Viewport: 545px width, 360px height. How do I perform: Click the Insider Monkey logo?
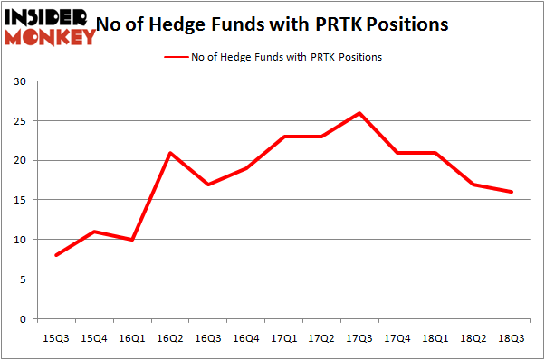50,25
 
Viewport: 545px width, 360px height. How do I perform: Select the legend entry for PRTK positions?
272,57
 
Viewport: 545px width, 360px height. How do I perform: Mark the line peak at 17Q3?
359,113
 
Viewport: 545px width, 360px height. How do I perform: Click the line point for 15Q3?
56,256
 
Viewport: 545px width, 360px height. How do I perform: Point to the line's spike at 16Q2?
169,153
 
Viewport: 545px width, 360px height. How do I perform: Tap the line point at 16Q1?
132,240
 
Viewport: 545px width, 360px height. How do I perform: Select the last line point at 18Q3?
512,192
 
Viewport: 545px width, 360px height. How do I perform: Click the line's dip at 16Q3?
207,185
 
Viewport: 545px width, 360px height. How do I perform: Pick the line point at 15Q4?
94,232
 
